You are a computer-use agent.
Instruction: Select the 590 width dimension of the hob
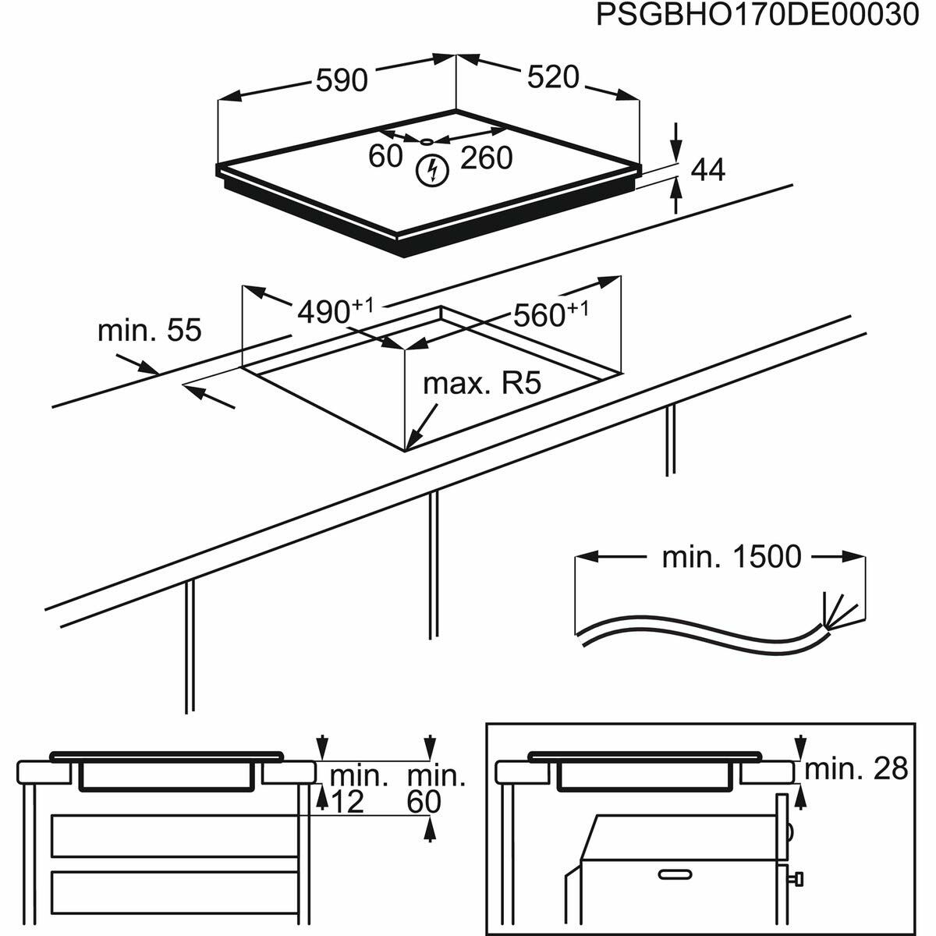click(341, 80)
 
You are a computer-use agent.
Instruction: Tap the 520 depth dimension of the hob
click(553, 77)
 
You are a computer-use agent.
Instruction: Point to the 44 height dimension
click(708, 169)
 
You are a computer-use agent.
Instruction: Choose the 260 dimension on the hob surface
click(486, 158)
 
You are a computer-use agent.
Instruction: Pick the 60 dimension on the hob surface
click(385, 156)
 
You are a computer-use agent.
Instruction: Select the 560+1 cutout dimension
click(549, 314)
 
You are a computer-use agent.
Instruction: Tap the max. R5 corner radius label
click(481, 384)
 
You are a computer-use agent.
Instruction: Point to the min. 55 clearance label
click(149, 330)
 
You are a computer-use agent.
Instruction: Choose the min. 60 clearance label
click(435, 789)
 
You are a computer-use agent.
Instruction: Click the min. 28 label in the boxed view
click(856, 769)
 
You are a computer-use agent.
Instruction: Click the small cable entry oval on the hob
click(426, 142)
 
